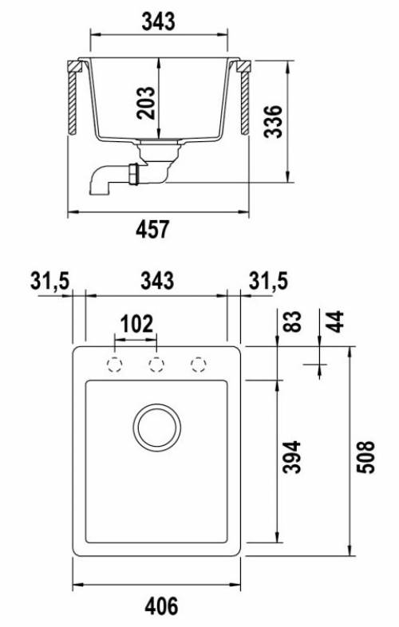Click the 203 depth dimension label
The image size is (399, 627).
tap(146, 102)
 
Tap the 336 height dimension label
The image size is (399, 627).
tap(273, 121)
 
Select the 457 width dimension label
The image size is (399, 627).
tap(153, 229)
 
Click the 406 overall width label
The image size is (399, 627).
tap(161, 606)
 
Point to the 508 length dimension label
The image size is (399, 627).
tap(365, 457)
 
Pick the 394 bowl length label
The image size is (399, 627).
tap(291, 457)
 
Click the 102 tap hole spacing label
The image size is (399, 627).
tap(137, 324)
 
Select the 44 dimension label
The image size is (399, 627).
tap(335, 321)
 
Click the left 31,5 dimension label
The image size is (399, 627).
tap(50, 281)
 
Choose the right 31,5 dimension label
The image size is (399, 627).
tap(269, 281)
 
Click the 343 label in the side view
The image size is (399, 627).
tap(159, 22)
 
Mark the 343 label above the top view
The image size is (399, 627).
tap(157, 281)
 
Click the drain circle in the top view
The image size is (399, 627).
tap(157, 426)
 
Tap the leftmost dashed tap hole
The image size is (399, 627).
tap(114, 365)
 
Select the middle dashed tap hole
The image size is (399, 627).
tap(156, 365)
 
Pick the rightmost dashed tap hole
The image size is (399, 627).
tap(199, 365)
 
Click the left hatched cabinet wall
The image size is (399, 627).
tap(72, 103)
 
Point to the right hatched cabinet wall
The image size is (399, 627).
tap(245, 103)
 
